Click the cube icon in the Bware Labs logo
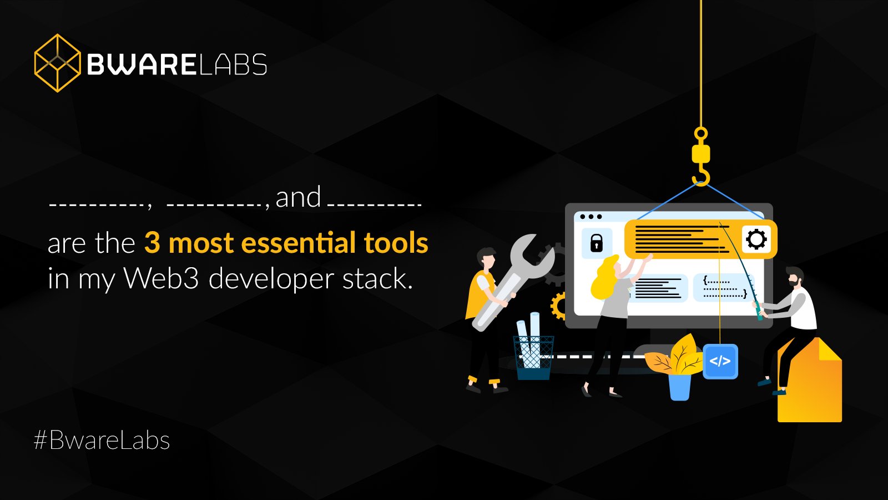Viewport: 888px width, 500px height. click(57, 63)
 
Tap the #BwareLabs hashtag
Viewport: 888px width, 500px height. click(102, 441)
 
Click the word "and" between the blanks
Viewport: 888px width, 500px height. click(298, 198)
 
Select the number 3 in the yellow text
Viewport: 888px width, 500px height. click(152, 243)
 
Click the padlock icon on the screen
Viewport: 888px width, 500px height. click(597, 243)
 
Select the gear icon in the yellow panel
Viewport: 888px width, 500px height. click(756, 239)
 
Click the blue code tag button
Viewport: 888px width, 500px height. click(720, 361)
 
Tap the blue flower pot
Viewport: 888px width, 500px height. click(679, 387)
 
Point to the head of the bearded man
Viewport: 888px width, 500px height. click(795, 277)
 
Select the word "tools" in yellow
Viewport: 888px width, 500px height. click(396, 243)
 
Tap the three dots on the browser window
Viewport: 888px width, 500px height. click(591, 217)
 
